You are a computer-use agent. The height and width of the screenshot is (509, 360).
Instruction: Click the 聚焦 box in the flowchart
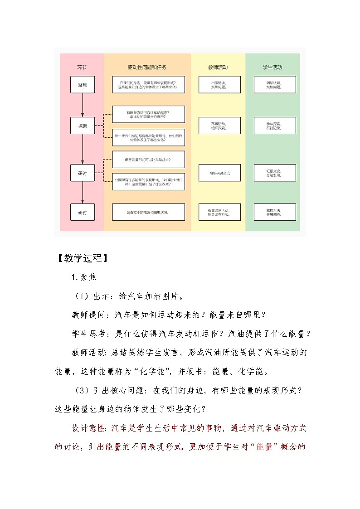pyautogui.click(x=83, y=85)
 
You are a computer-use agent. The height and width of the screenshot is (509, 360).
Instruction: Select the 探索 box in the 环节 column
pyautogui.click(x=83, y=126)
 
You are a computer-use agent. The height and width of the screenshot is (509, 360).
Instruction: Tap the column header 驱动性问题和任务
pyautogui.click(x=147, y=68)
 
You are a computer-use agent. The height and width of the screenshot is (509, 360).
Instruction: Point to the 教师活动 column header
pyautogui.click(x=218, y=68)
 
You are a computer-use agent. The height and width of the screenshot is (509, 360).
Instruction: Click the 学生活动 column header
pyautogui.click(x=272, y=68)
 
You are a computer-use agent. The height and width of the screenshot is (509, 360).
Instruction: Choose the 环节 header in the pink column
pyautogui.click(x=82, y=68)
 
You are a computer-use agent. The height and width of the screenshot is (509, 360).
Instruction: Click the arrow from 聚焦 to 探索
pyautogui.click(x=83, y=105)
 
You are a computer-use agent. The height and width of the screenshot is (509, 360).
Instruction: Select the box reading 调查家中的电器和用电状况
pyautogui.click(x=148, y=212)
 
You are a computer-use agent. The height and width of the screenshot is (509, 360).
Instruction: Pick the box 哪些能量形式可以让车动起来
pyautogui.click(x=148, y=160)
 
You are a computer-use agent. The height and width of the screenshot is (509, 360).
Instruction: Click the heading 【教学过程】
pyautogui.click(x=82, y=258)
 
